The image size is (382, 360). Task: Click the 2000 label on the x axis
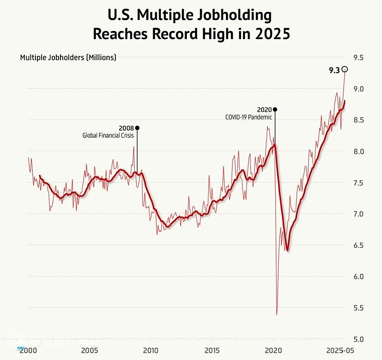coord(28,350)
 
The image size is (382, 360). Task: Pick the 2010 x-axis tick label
coord(151,350)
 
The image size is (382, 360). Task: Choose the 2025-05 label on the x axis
coord(340,350)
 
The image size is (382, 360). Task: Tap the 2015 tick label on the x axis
coord(212,350)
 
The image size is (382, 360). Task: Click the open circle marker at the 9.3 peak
coord(345,69)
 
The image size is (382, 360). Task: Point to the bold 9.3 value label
coord(334,70)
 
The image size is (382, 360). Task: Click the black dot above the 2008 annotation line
coord(137,128)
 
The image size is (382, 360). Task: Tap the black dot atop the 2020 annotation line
coord(275,109)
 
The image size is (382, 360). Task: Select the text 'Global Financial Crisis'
coord(108,135)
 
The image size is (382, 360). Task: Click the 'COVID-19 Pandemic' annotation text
coord(248,117)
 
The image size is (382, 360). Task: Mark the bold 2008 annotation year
coord(126,128)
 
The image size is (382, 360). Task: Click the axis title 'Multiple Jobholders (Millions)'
coord(68,57)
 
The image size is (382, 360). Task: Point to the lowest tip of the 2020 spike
coord(276,314)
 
